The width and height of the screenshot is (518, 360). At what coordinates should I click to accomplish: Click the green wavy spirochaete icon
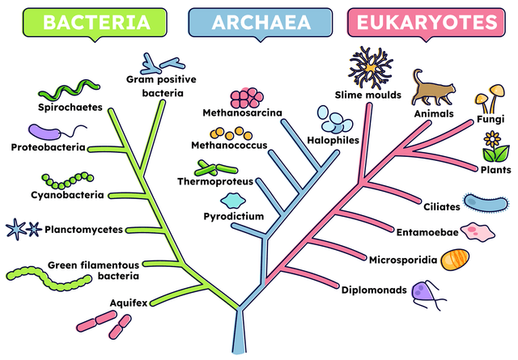point(69,88)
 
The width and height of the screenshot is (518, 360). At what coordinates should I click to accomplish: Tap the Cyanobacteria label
point(67,195)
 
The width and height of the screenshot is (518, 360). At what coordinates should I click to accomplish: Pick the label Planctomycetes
point(83,229)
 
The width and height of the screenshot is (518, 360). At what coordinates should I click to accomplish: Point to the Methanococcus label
point(228,146)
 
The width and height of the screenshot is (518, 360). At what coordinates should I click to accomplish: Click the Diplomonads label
point(373,290)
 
